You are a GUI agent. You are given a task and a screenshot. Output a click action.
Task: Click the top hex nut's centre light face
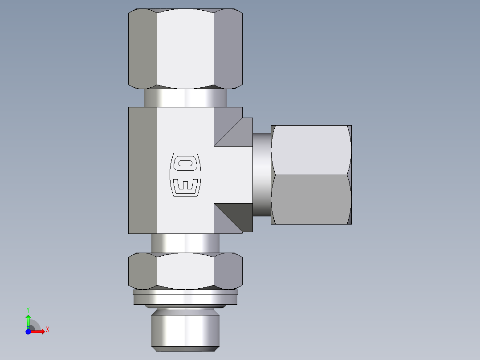click(x=185, y=48)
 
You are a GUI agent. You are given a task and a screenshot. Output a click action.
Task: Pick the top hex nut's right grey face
click(x=228, y=48)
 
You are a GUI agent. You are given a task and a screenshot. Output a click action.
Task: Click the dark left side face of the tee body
click(x=142, y=170)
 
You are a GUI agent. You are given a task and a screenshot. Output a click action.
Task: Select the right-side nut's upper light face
click(x=311, y=150)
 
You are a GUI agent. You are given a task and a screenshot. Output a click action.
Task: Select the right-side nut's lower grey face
click(x=311, y=200)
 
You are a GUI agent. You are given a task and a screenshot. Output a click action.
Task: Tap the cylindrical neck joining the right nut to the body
click(x=262, y=175)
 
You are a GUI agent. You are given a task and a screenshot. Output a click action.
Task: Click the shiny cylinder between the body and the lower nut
click(x=185, y=243)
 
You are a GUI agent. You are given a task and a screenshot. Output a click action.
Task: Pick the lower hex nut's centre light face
click(x=185, y=271)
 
